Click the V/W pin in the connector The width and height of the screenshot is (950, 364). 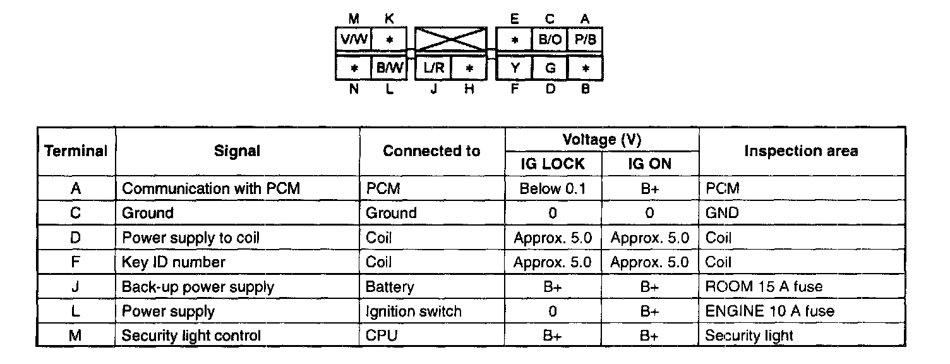(353, 40)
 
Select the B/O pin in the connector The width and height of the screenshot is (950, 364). (550, 40)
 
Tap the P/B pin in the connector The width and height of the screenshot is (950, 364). (586, 40)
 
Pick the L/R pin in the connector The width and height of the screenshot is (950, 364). (433, 68)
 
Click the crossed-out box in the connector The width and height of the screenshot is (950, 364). (450, 39)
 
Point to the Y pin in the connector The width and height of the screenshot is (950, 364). (515, 68)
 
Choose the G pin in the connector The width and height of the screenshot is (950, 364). (550, 68)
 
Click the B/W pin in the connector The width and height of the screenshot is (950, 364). (389, 68)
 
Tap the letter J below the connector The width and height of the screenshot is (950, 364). (433, 90)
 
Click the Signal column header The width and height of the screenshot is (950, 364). (237, 151)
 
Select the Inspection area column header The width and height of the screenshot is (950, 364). (801, 151)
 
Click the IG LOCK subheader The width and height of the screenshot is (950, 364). (553, 164)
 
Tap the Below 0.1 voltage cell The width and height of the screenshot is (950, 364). (553, 188)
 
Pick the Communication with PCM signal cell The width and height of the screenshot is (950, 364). (211, 188)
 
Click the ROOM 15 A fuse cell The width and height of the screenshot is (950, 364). (764, 287)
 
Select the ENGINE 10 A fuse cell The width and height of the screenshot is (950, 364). (769, 311)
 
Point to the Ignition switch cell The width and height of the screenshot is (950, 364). (414, 311)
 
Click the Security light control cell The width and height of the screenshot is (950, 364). (191, 336)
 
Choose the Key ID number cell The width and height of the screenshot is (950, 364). (173, 262)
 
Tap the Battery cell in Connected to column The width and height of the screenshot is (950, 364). (390, 287)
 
